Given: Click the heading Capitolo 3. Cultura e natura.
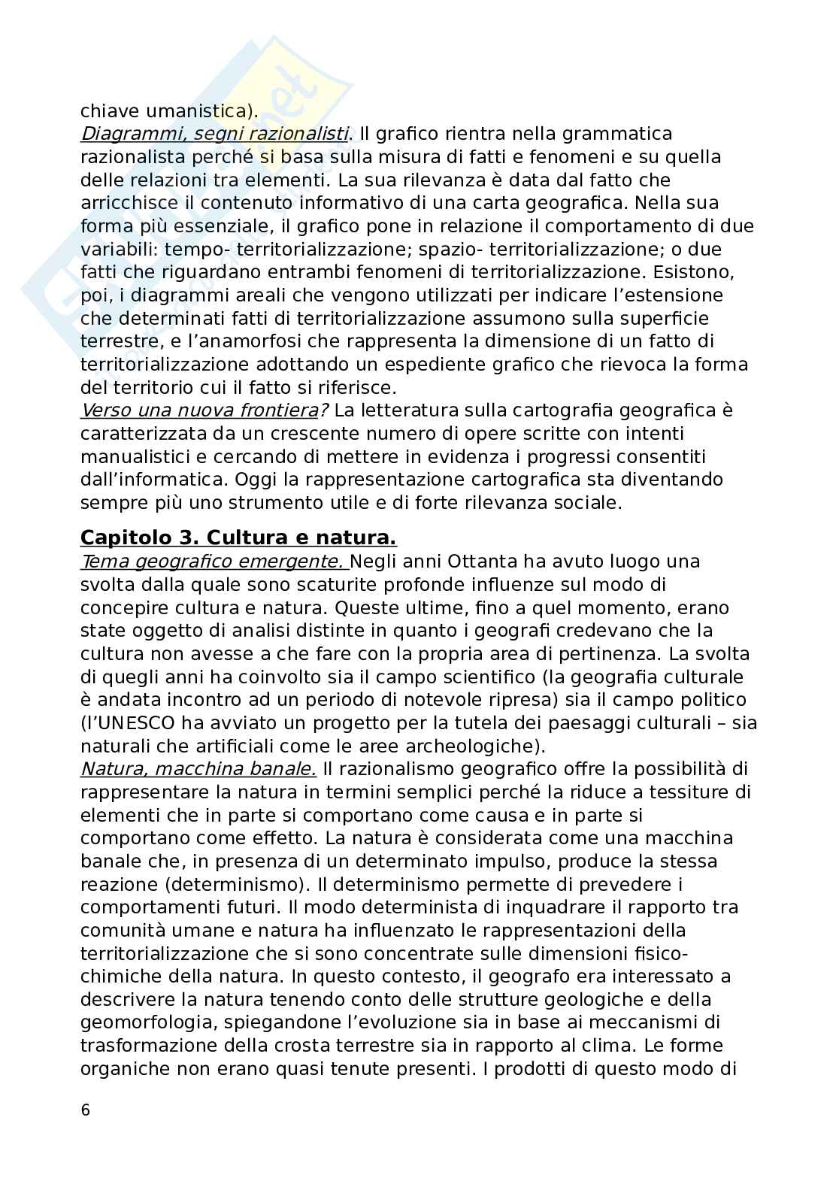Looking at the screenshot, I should [238, 538].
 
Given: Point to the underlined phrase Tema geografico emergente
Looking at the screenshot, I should [212, 562].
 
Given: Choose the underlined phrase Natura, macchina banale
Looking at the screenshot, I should [198, 769].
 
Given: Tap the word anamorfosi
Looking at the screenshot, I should [259, 341].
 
